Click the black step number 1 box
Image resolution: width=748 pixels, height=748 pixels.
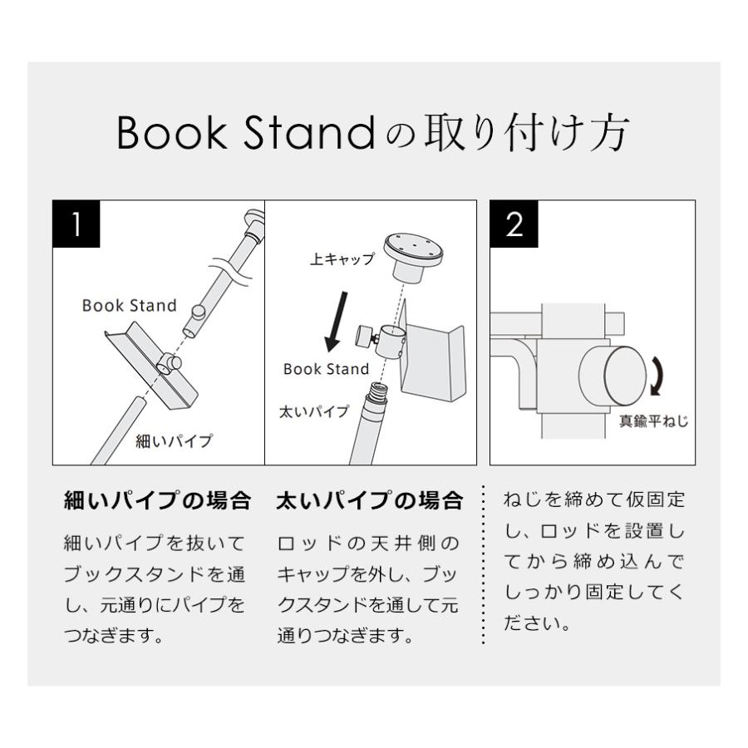(x=76, y=224)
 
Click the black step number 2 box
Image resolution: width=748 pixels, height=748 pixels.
(x=514, y=224)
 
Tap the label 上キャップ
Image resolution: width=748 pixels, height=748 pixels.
(x=342, y=260)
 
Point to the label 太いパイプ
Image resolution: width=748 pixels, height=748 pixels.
(x=313, y=411)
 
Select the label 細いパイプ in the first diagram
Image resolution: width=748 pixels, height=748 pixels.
(x=174, y=440)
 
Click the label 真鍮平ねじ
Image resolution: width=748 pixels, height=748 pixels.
(x=653, y=421)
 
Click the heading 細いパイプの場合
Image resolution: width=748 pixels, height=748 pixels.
(x=157, y=501)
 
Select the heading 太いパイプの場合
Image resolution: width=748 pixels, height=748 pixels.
(x=369, y=501)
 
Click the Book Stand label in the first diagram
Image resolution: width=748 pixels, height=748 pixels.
(x=129, y=306)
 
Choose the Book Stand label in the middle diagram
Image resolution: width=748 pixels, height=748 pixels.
(x=326, y=369)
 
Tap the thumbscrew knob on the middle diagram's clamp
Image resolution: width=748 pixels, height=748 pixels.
(x=364, y=337)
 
